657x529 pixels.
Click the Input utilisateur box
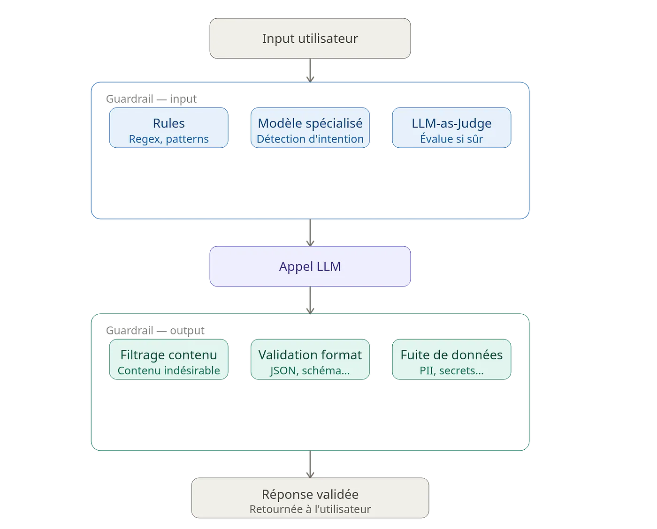coord(310,38)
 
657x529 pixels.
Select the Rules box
coord(168,128)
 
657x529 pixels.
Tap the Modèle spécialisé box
coord(310,128)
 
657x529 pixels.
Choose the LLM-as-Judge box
coord(451,128)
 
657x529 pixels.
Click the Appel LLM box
coord(310,266)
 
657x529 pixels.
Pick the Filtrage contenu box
coord(168,359)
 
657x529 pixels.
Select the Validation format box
coord(310,359)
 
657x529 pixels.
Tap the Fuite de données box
coord(451,359)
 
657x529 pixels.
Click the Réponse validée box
coord(310,498)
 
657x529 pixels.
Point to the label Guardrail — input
coord(151,99)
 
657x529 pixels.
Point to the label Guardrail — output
coord(155,331)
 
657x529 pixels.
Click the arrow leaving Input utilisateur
coord(310,70)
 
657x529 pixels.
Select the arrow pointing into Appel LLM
coord(310,233)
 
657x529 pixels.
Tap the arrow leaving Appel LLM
coord(310,300)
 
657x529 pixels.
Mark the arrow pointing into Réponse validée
coord(310,464)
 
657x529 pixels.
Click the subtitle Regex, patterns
coord(168,139)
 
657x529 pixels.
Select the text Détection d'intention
coord(310,139)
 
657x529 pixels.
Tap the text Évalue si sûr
coord(451,139)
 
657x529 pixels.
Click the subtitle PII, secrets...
coord(451,370)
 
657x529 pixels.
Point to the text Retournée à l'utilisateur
coord(310,509)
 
